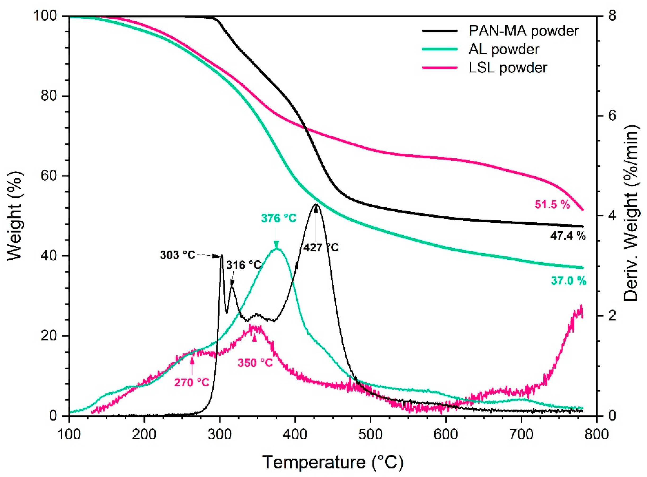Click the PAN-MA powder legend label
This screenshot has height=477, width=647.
524,31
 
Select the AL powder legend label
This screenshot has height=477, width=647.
504,49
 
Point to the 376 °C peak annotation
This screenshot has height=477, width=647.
279,218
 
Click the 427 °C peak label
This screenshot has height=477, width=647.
321,247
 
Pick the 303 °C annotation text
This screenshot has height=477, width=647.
178,255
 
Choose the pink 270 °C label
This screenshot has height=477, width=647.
192,382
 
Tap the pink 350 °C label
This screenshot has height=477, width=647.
255,363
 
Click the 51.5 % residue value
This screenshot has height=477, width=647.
552,205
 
